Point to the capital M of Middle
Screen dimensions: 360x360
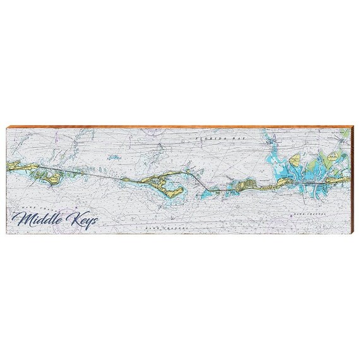[27, 220]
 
